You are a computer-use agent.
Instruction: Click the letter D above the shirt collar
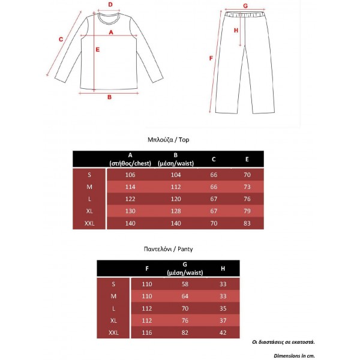tap(110, 4)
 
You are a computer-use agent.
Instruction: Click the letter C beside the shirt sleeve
tap(61, 40)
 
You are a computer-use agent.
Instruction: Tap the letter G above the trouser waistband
tap(245, 6)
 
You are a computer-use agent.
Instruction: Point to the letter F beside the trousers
tap(210, 59)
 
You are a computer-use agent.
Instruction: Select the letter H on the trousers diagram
tap(236, 31)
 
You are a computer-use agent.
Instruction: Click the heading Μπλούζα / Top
tap(169, 139)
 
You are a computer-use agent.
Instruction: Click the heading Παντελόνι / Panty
tap(169, 248)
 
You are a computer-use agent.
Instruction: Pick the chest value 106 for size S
tap(130, 175)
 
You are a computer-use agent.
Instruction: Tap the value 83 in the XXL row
tap(247, 224)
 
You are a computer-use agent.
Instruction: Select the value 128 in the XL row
tap(176, 212)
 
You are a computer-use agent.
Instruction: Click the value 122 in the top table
tap(130, 199)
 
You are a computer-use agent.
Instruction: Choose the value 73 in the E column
tap(247, 187)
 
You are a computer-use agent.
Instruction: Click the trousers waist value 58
tap(185, 284)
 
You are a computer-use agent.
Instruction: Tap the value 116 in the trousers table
tap(147, 332)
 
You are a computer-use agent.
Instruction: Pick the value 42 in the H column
tap(223, 332)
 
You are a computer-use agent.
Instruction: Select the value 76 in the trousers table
tap(185, 320)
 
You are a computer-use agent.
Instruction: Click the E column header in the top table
tap(247, 159)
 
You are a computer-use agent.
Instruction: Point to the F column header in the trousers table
tap(147, 268)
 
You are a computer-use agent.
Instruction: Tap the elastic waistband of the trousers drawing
tap(245, 15)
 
